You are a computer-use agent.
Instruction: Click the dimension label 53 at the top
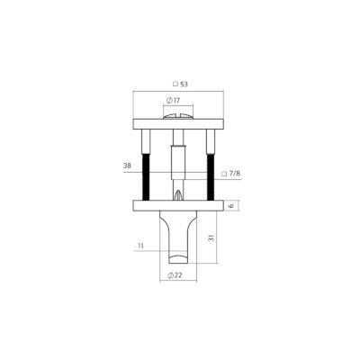(x=184, y=85)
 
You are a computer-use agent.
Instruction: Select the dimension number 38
(x=127, y=166)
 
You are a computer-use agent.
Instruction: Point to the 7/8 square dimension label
(x=230, y=174)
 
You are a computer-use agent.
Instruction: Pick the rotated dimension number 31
(x=211, y=238)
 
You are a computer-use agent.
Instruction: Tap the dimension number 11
(x=140, y=246)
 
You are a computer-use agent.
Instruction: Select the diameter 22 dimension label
(x=175, y=274)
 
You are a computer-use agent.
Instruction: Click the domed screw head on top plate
(x=178, y=116)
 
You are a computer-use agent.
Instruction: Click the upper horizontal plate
(x=178, y=124)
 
